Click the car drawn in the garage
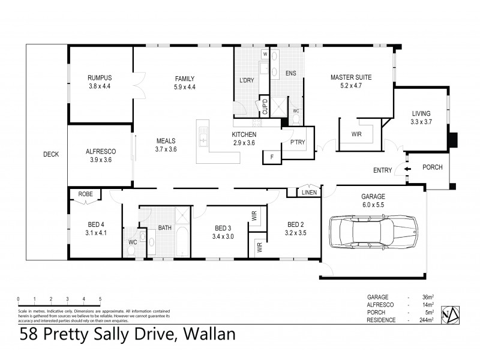click(x=372, y=233)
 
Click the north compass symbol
click(x=451, y=312)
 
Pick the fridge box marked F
click(x=272, y=157)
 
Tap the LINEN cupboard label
click(x=309, y=192)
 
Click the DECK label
click(x=51, y=155)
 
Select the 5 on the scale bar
click(x=100, y=298)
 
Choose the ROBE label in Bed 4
click(x=85, y=194)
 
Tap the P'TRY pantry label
click(x=297, y=143)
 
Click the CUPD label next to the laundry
click(x=264, y=108)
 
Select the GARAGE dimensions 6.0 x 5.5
click(x=373, y=205)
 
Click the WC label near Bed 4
click(x=133, y=242)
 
